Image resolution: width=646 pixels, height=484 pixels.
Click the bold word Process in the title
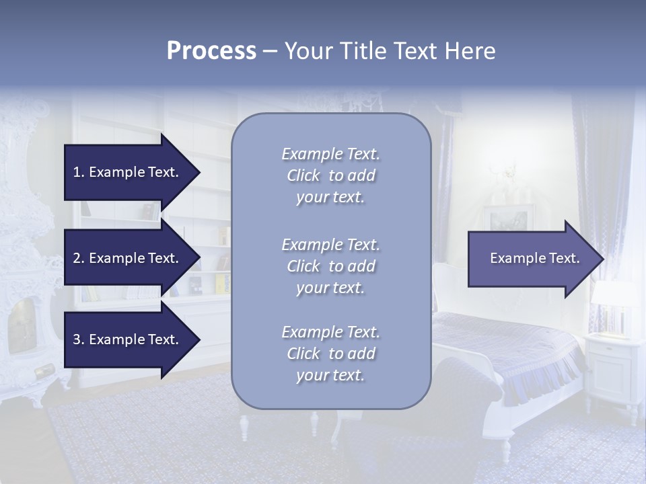tap(211, 51)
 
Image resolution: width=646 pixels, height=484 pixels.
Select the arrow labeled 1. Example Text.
tap(128, 172)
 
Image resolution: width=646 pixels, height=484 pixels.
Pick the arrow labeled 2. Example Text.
tap(128, 258)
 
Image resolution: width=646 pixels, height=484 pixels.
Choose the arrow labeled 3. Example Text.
tap(128, 339)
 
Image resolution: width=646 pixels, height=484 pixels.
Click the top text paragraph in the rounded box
tap(330, 175)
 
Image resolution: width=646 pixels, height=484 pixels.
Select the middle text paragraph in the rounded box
tap(330, 266)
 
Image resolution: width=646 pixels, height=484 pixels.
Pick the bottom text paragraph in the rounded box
tap(330, 354)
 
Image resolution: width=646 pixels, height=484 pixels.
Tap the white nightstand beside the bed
tap(613, 366)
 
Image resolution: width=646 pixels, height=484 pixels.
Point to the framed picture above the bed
tap(508, 218)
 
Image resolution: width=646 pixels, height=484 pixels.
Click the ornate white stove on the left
tap(27, 255)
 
